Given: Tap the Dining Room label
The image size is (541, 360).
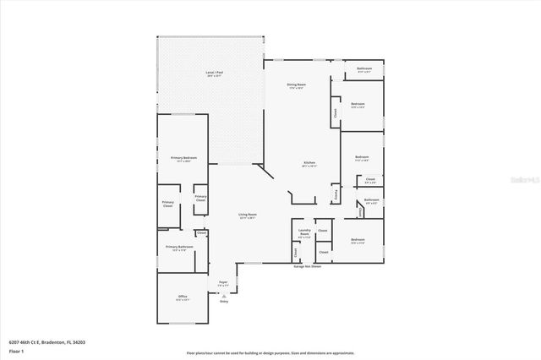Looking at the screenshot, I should [x=296, y=85].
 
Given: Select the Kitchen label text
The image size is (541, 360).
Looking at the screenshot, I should [x=310, y=162].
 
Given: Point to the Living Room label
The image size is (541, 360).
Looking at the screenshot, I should [x=247, y=215].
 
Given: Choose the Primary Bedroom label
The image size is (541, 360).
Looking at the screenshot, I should [x=183, y=158].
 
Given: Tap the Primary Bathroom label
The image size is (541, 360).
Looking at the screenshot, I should [x=178, y=247].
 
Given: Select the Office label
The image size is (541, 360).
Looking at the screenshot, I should [x=183, y=297].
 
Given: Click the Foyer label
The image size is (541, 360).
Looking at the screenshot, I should [x=223, y=283].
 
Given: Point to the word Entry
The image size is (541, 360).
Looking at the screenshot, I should [x=223, y=300].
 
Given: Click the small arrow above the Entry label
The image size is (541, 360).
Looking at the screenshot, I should [x=223, y=294].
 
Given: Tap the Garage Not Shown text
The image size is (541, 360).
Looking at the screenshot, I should [x=307, y=266].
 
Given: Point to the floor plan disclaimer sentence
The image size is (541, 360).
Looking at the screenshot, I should [x=270, y=352].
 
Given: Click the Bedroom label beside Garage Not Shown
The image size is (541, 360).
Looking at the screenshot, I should [x=358, y=241].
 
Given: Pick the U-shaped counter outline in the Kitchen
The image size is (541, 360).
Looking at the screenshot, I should [x=301, y=196].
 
